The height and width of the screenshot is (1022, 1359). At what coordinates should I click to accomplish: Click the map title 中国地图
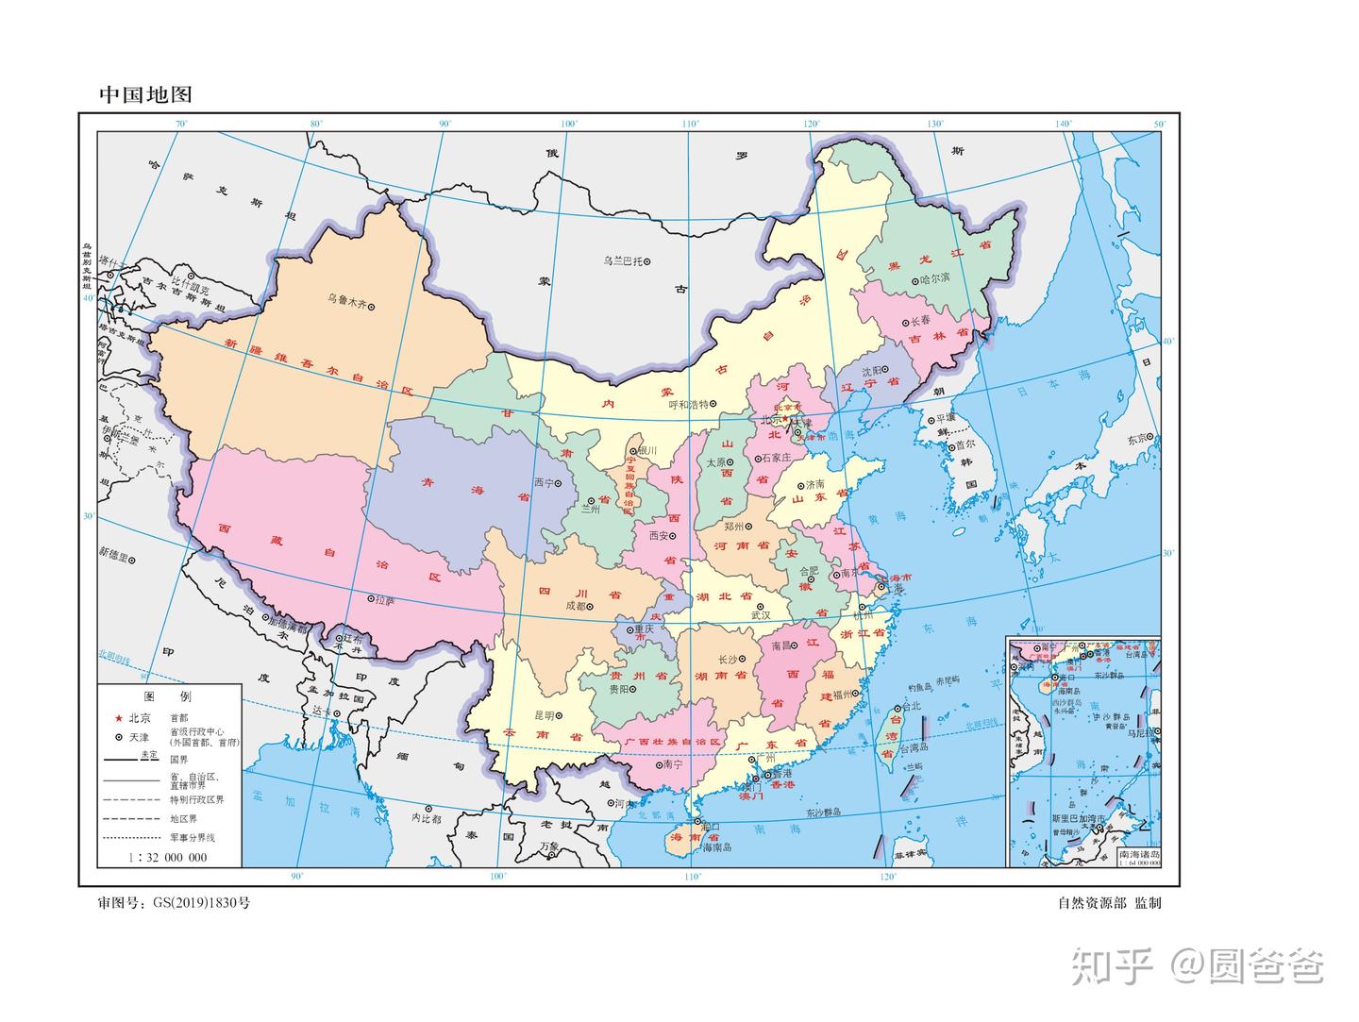click(x=145, y=94)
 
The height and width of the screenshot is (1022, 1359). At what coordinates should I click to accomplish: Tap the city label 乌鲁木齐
click(x=345, y=300)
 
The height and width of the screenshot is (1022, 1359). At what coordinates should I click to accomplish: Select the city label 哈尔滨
click(x=933, y=279)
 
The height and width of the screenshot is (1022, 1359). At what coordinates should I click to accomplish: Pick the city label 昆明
click(x=545, y=715)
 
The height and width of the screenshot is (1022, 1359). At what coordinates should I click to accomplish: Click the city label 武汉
click(x=760, y=614)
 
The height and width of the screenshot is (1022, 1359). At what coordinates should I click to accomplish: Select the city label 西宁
click(x=544, y=482)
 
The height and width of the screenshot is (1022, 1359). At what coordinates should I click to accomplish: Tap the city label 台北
click(x=911, y=706)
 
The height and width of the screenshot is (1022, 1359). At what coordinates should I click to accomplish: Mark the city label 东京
click(x=1138, y=438)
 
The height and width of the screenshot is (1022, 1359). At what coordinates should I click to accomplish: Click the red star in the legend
click(x=119, y=717)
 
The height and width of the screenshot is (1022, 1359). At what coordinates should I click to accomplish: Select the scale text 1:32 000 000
click(x=168, y=858)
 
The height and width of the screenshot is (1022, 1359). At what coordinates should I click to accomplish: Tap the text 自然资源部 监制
click(x=1109, y=903)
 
